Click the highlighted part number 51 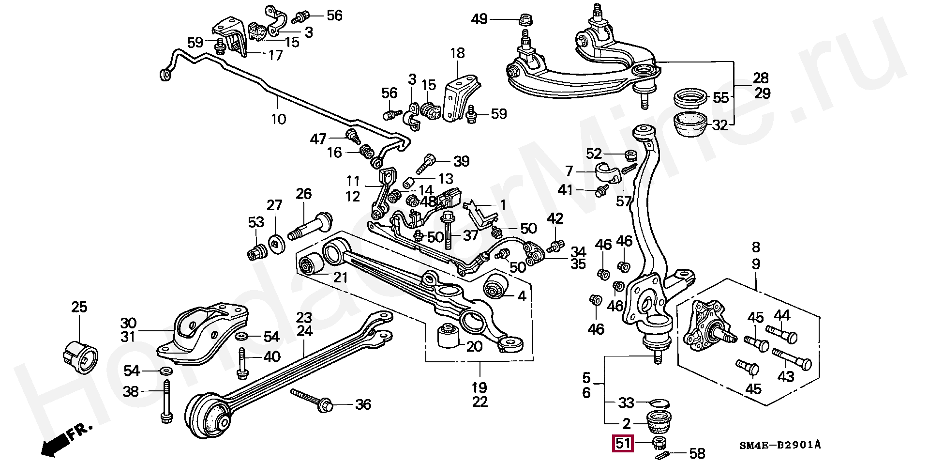pos(623,444)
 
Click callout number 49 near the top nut pos(479,20)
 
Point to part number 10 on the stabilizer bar pos(278,119)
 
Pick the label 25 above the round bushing pos(79,307)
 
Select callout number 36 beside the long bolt pos(363,404)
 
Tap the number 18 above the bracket pos(457,53)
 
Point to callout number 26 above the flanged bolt pos(303,194)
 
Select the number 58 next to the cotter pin pos(697,453)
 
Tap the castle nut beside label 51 pos(658,442)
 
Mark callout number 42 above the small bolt pos(555,218)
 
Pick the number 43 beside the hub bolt pos(785,376)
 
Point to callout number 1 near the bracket pos(503,205)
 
